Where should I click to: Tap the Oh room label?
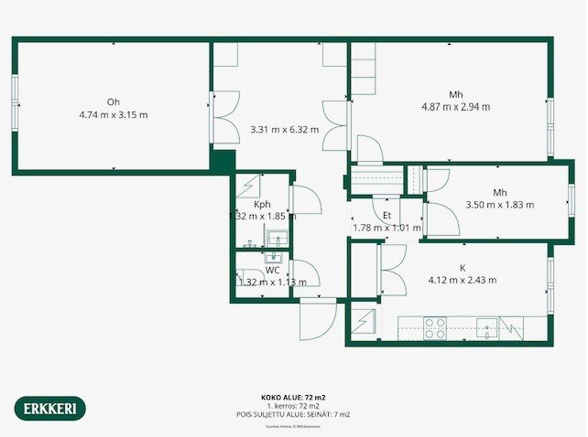114,101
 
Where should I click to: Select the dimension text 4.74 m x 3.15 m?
114,115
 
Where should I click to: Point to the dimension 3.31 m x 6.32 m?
284,130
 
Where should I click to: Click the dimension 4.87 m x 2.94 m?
455,107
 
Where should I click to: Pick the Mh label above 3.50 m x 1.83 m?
499,192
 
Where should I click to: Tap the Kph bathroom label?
262,204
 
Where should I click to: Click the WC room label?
272,271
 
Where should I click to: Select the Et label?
387,215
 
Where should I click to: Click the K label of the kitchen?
463,268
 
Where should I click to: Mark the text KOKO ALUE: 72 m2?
293,399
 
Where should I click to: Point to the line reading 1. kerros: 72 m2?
293,406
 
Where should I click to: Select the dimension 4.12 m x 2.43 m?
463,281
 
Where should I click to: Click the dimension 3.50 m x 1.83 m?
499,205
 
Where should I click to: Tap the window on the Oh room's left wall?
15,104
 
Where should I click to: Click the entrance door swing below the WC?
318,320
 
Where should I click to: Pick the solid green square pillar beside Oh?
221,161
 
